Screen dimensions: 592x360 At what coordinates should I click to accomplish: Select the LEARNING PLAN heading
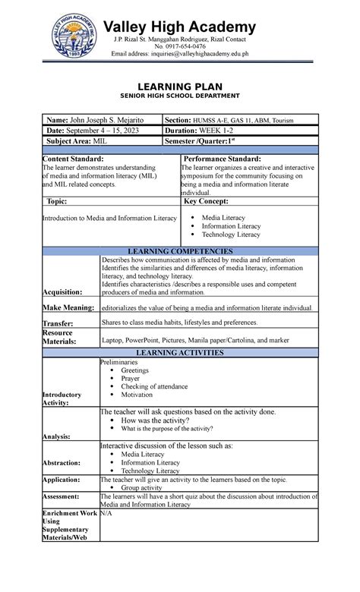(x=181, y=87)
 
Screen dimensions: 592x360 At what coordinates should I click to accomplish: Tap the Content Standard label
(x=73, y=159)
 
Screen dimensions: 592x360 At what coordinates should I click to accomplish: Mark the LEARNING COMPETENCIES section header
(x=180, y=251)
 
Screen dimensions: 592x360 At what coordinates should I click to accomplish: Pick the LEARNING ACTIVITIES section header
(x=180, y=353)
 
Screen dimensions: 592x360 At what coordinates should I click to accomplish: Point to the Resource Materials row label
(x=58, y=337)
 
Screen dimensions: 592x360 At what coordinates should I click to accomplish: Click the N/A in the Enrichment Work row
(x=107, y=514)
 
